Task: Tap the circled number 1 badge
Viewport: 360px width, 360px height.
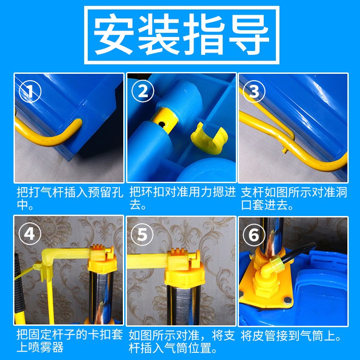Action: pyautogui.click(x=30, y=91)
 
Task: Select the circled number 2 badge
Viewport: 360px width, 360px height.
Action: pyautogui.click(x=143, y=91)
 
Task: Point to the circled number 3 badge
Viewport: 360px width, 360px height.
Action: pyautogui.click(x=255, y=91)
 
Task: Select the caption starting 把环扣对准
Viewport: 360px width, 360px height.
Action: pyautogui.click(x=181, y=198)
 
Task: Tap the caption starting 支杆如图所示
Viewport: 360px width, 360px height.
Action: pyautogui.click(x=293, y=198)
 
